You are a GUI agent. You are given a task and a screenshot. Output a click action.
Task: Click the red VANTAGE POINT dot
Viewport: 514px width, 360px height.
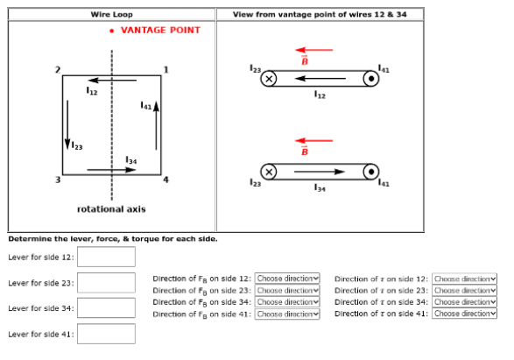coord(112,31)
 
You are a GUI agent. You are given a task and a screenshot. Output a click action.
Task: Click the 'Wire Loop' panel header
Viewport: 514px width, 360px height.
coord(111,14)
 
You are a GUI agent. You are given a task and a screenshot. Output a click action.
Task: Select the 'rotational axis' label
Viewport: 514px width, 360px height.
coord(111,209)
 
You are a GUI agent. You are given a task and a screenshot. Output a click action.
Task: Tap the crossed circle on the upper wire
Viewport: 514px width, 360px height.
coord(270,80)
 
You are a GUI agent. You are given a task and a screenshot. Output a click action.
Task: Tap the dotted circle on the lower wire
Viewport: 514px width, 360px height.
coord(371,171)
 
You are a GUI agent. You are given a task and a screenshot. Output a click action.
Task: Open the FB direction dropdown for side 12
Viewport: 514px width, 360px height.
coord(288,278)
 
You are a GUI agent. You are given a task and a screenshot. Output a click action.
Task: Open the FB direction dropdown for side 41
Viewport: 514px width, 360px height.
coord(288,313)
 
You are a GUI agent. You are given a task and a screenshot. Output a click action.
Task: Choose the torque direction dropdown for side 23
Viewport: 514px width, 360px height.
coord(465,289)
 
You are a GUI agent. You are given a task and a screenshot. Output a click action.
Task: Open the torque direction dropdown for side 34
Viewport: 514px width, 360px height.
coord(465,301)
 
